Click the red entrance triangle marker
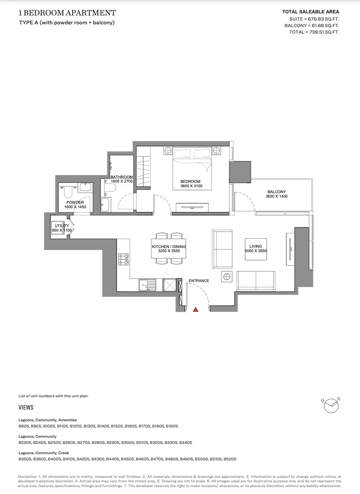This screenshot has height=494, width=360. (x=195, y=310)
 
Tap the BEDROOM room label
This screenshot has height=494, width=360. (x=190, y=181)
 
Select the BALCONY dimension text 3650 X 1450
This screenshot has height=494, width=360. (x=276, y=196)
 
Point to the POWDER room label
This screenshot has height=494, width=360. (x=75, y=202)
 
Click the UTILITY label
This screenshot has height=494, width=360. (x=62, y=226)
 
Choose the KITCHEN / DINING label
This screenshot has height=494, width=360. (x=169, y=247)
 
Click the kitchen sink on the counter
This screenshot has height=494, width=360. (x=147, y=285)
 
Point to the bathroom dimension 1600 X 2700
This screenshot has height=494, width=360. (x=122, y=181)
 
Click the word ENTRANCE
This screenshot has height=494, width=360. (x=199, y=281)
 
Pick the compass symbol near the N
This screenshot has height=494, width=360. (x=331, y=406)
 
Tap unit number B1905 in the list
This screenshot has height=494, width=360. (x=172, y=426)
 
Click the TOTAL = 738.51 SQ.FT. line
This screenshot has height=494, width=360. (x=314, y=32)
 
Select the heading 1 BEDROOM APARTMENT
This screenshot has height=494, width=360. (x=67, y=13)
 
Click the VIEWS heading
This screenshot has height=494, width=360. (x=26, y=407)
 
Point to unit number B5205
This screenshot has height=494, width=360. (x=230, y=459)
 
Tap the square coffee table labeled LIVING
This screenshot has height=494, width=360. (x=256, y=249)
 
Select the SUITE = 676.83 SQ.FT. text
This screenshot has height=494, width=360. (x=314, y=19)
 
